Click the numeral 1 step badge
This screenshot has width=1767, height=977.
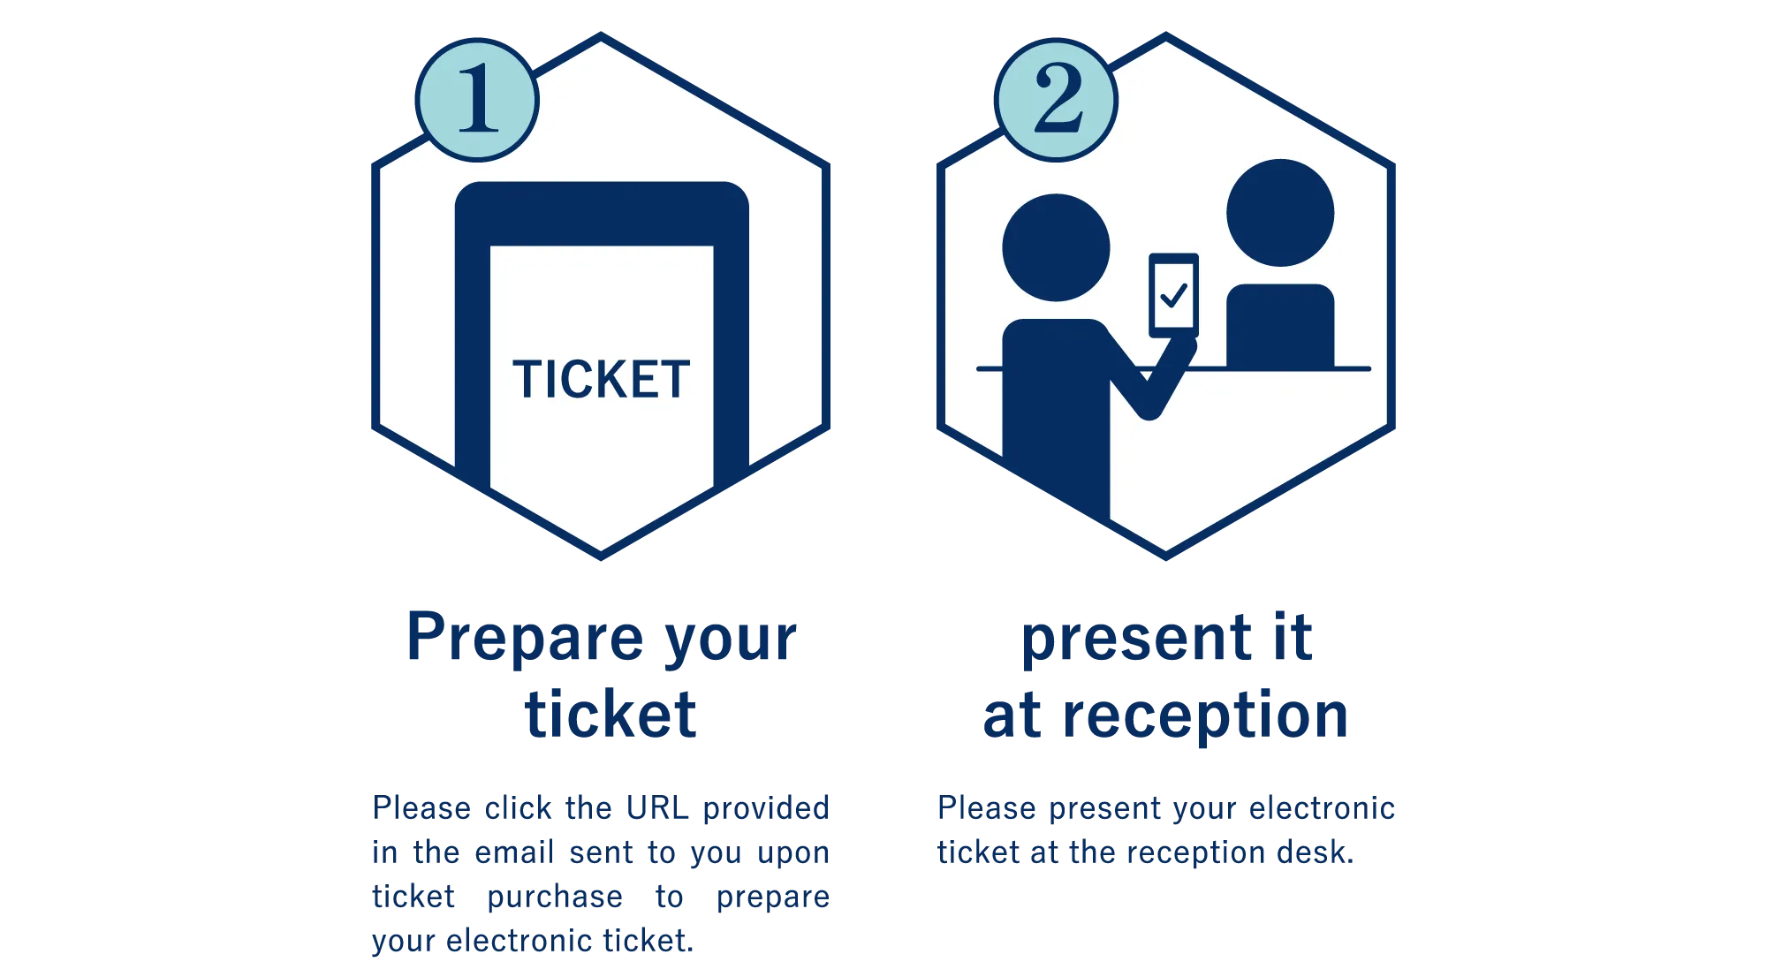tap(477, 100)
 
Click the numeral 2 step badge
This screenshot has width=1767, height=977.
tap(1056, 100)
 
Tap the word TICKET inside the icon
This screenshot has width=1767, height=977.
tap(601, 380)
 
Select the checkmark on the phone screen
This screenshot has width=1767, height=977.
tap(1173, 294)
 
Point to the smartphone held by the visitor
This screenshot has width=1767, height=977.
tap(1173, 295)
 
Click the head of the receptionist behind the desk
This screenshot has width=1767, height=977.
tap(1280, 213)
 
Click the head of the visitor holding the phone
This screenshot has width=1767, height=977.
tap(1056, 247)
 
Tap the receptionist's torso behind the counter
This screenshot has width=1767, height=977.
tap(1280, 326)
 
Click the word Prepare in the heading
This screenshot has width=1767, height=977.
tap(525, 638)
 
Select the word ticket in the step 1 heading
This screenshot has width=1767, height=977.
tap(610, 714)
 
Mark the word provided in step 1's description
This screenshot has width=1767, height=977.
tap(766, 808)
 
